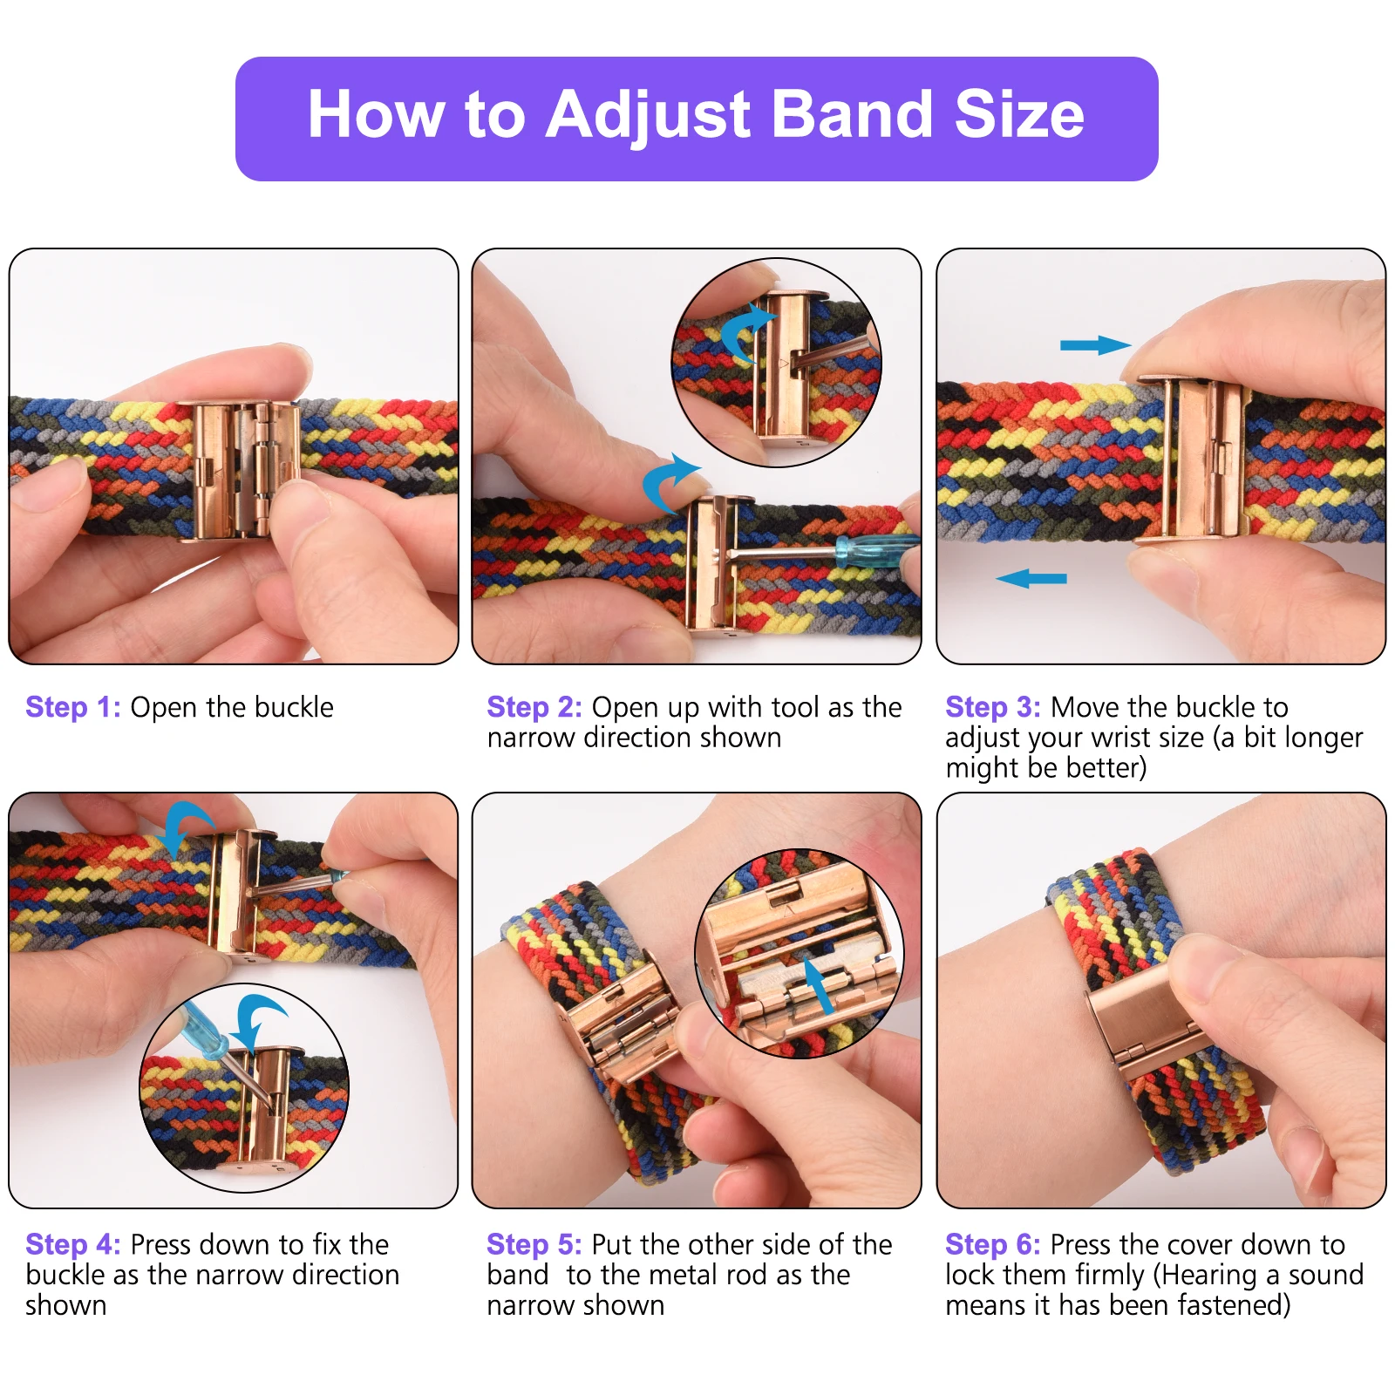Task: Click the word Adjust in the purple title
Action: (648, 115)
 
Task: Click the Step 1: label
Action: (73, 707)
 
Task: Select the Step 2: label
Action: (534, 707)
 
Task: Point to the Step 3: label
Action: (992, 707)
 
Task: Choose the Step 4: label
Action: (73, 1244)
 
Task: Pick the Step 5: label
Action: (534, 1244)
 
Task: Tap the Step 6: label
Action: (992, 1244)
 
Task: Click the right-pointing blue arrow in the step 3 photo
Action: (1094, 345)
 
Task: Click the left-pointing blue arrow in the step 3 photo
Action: (1031, 578)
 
